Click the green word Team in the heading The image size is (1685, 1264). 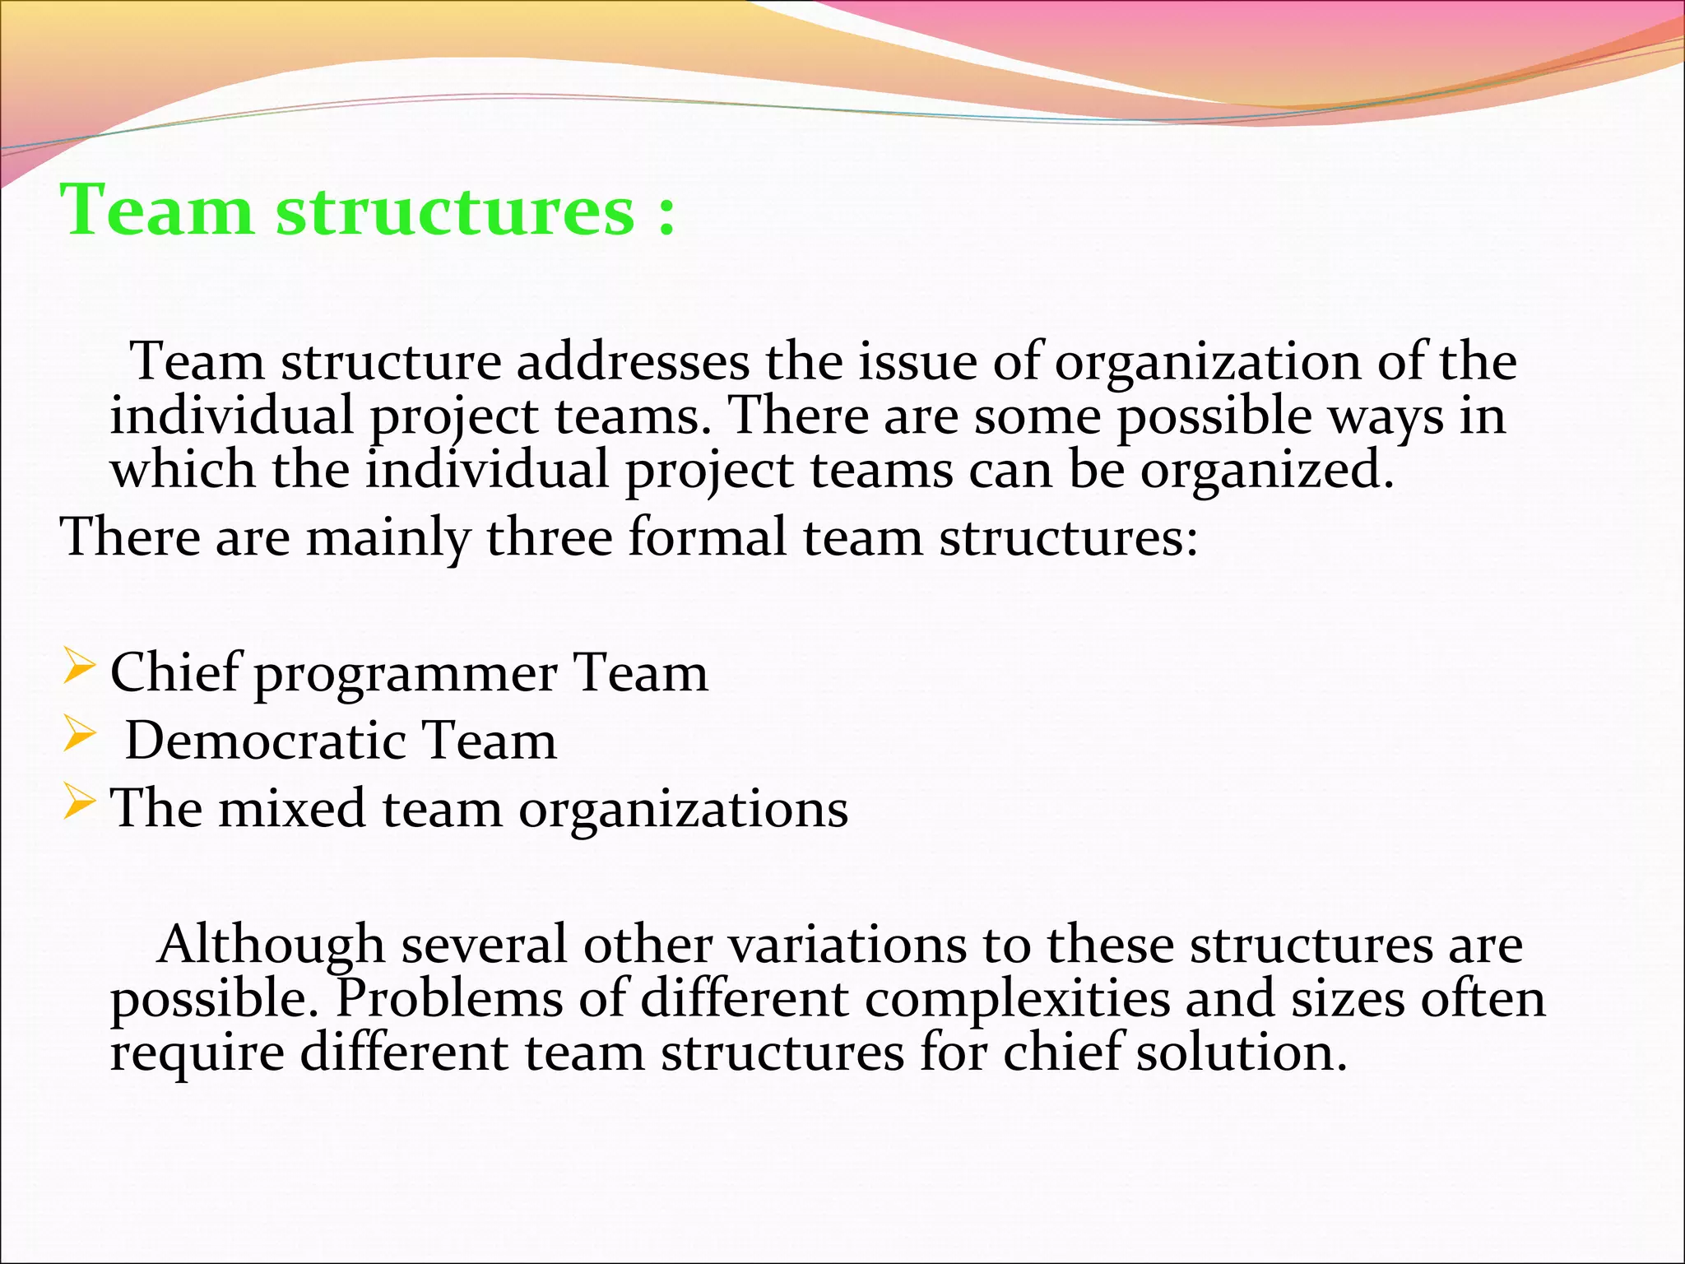coord(156,211)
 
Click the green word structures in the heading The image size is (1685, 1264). coord(455,211)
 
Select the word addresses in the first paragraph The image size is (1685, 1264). coord(633,362)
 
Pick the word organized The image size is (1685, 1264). coord(1266,472)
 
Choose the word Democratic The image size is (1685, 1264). coord(265,740)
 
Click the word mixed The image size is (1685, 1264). coord(292,808)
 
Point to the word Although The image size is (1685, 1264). coord(271,945)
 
